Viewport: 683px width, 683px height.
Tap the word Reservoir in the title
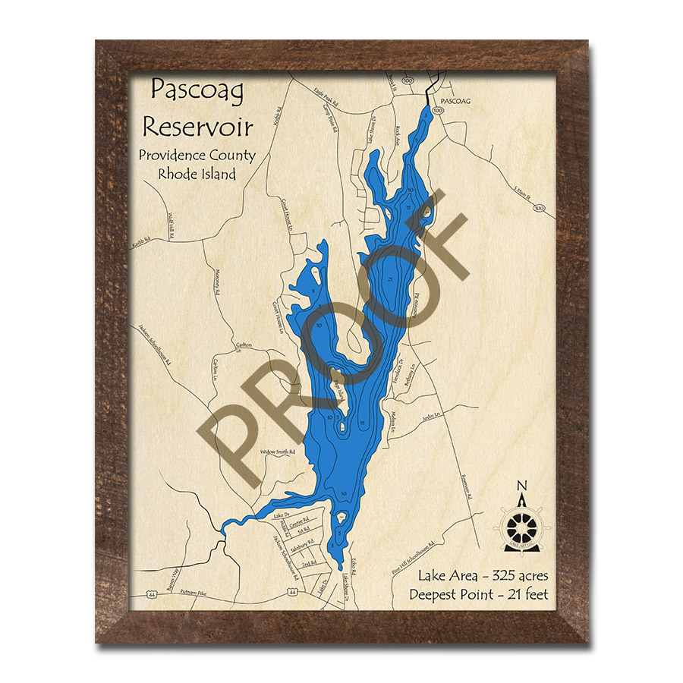tap(198, 125)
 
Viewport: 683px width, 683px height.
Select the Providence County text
tap(197, 156)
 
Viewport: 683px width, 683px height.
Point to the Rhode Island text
tap(197, 174)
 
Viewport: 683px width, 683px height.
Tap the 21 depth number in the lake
tap(389, 280)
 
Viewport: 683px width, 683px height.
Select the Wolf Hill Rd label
tap(171, 225)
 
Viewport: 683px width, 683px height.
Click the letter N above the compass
tap(521, 486)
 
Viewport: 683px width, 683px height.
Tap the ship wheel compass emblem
tap(521, 524)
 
